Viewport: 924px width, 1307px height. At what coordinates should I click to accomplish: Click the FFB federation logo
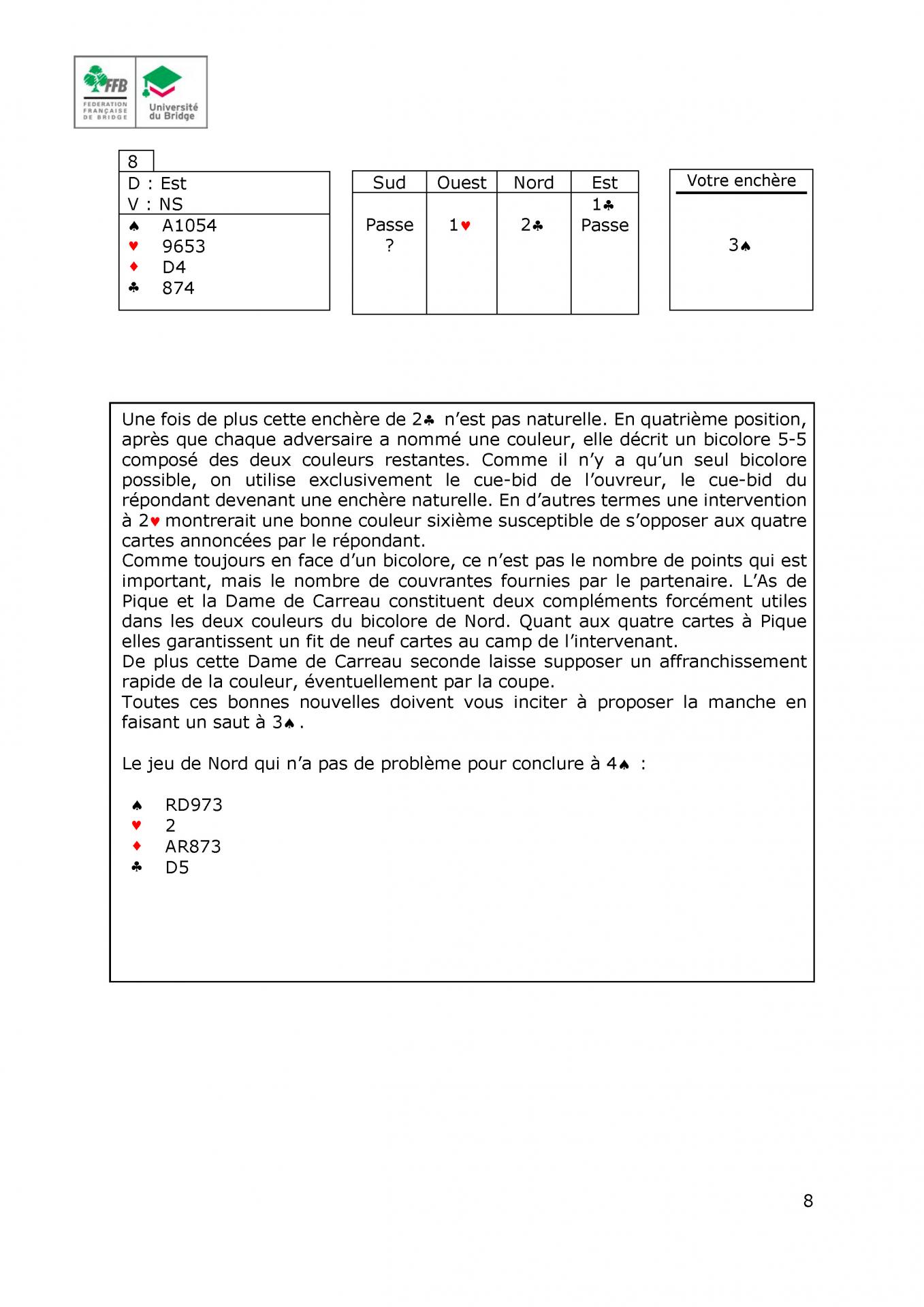[x=106, y=92]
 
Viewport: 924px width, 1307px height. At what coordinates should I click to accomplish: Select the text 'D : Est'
[x=157, y=183]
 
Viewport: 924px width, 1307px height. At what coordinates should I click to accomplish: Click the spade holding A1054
[x=189, y=225]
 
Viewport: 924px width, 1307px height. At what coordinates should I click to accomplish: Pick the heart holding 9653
[x=183, y=246]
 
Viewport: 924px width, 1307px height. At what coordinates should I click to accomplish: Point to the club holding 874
[x=178, y=288]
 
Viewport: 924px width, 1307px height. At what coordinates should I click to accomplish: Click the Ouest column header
[x=461, y=182]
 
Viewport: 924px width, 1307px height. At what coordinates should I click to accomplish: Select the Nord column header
[x=533, y=182]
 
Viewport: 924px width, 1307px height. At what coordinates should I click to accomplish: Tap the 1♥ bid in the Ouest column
[x=460, y=225]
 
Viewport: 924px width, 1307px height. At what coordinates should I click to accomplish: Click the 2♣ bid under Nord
[x=532, y=225]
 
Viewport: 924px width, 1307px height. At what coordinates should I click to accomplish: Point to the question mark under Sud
[x=389, y=246]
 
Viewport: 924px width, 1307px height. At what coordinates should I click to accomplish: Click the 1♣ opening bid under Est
[x=603, y=204]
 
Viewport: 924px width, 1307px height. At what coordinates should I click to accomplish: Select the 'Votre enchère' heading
[x=741, y=180]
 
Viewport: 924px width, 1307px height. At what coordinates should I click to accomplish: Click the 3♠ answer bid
[x=739, y=245]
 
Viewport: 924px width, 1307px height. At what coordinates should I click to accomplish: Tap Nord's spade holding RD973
[x=193, y=805]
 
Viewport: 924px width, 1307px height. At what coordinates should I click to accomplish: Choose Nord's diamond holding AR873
[x=193, y=846]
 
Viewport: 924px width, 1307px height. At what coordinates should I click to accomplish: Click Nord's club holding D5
[x=176, y=867]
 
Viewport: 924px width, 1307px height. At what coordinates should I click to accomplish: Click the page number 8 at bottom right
[x=808, y=1201]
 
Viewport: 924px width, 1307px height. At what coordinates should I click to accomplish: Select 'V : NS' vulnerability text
[x=155, y=204]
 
